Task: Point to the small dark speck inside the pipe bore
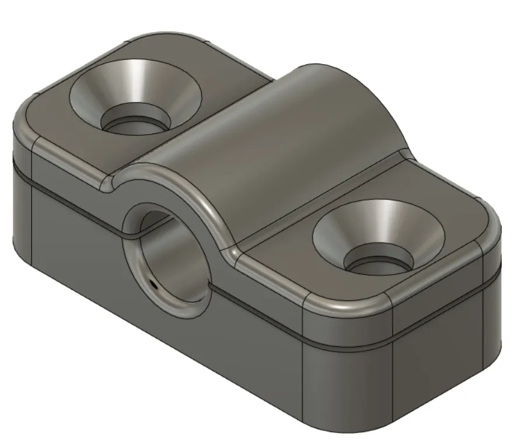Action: coord(153,285)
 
